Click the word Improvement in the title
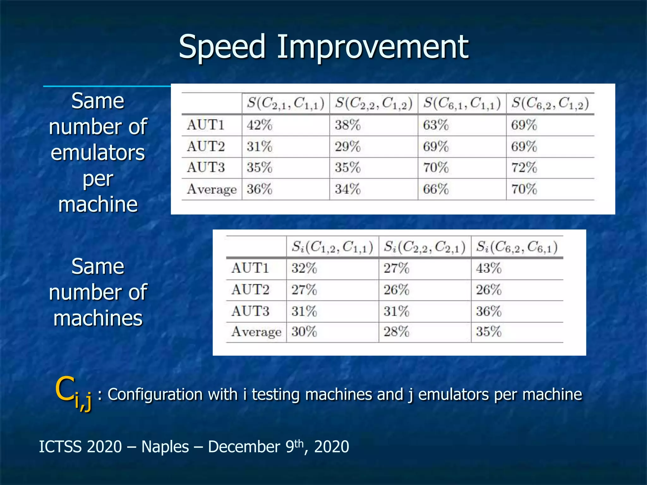[x=373, y=47]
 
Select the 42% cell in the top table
[x=259, y=125]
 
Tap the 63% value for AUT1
[x=436, y=125]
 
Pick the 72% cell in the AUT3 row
[x=524, y=167]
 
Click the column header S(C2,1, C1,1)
[x=286, y=104]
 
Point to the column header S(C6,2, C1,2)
[x=550, y=104]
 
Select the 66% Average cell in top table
[x=436, y=189]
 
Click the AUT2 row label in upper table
[x=206, y=147]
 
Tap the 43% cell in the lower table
[x=488, y=268]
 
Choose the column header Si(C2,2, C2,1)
[x=425, y=247]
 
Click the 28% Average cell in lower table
[x=396, y=332]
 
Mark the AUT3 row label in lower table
[x=250, y=311]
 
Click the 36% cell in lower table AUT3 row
[x=488, y=311]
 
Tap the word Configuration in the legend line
[x=155, y=395]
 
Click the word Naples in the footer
[x=165, y=447]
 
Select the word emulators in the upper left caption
[x=98, y=153]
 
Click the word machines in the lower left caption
[x=98, y=318]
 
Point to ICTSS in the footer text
[x=59, y=447]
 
